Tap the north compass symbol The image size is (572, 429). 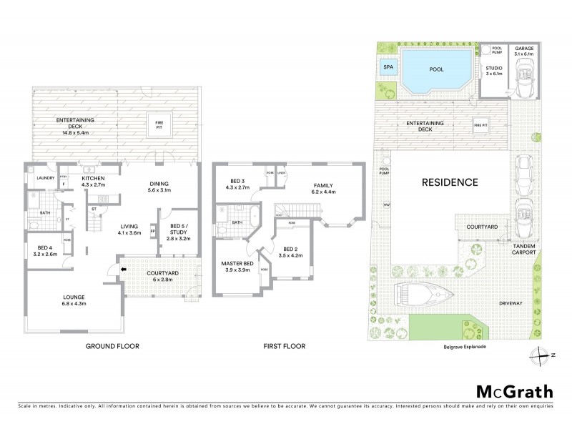point(541,352)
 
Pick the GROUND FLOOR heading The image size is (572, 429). point(112,346)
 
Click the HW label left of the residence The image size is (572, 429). point(386,205)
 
